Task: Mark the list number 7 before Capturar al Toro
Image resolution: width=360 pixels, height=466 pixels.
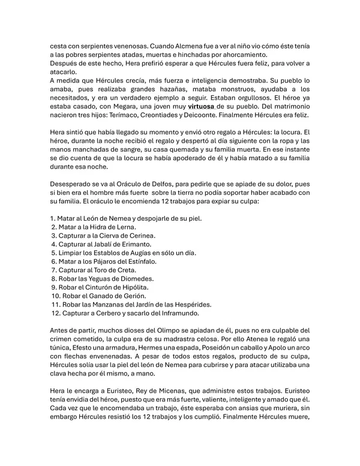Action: tap(53, 270)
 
